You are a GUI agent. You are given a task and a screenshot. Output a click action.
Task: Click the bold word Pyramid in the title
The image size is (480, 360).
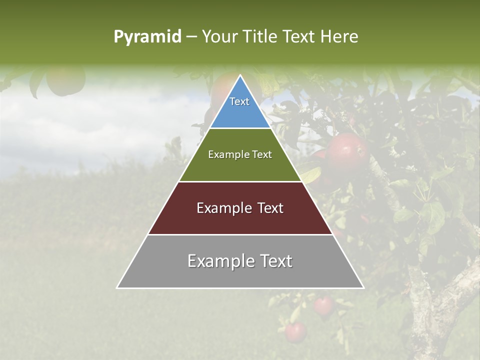pos(147,37)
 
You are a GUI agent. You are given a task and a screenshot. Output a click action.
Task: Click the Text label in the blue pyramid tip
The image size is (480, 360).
pos(239,101)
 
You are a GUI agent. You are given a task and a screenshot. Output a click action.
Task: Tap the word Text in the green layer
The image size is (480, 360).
pos(261,154)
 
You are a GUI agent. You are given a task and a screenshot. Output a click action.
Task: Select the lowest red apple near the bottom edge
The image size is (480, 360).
pos(295,332)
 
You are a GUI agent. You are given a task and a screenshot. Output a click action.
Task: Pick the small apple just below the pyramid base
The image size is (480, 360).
pos(323,304)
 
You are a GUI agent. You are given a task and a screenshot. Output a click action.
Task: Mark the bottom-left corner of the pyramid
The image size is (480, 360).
pos(117,288)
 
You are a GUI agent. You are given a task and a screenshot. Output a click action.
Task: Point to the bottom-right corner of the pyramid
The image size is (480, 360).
pos(363,288)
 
